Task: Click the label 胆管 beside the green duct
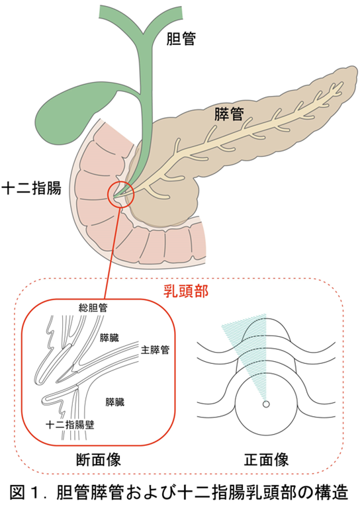pos(181,39)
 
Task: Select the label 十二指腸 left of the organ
pos(32,189)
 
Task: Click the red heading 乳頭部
pos(186,291)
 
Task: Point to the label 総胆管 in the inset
pos(93,308)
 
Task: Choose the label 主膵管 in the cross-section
pos(155,350)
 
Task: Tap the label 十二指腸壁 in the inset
pos(70,425)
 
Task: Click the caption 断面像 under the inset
pos(99,460)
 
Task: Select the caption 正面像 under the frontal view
pos(267,460)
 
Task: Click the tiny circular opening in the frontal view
pos(266,404)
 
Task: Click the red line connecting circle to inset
pos(111,253)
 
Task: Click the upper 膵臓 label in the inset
pos(109,338)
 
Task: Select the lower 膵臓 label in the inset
pos(115,402)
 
